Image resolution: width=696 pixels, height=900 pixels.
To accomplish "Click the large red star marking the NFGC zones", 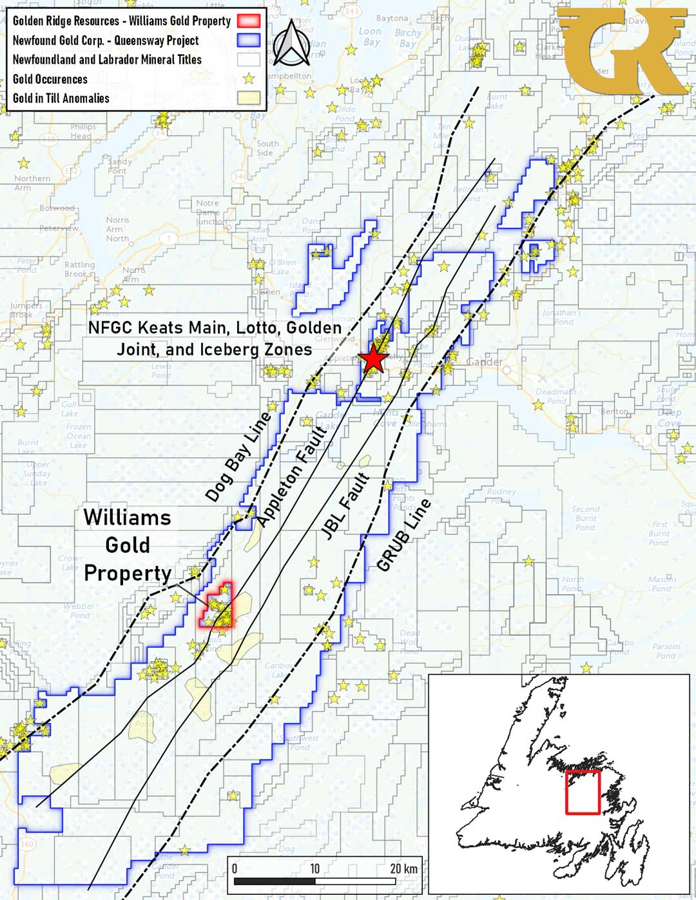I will point(373,359).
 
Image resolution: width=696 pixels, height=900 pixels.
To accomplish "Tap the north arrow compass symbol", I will point(291,44).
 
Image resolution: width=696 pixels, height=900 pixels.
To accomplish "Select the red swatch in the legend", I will point(249,21).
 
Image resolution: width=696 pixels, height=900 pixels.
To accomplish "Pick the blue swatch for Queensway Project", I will point(249,41).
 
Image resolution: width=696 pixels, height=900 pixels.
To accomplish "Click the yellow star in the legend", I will point(249,79).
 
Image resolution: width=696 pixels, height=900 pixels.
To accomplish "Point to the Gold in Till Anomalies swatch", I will point(249,98).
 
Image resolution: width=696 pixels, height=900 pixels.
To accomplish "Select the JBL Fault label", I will point(345,506).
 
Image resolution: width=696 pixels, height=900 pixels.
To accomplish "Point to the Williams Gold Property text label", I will point(128,545).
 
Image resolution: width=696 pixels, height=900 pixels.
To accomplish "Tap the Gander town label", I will point(484,362).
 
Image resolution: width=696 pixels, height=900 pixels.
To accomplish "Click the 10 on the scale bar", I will point(314,868).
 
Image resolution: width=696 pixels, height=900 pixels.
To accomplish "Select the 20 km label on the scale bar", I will point(403,868).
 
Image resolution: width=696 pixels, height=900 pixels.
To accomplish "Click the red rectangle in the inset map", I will point(583,792).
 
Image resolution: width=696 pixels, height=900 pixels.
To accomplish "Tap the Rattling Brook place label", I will point(79,269).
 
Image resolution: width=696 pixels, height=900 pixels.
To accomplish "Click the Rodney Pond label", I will point(501,495).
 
